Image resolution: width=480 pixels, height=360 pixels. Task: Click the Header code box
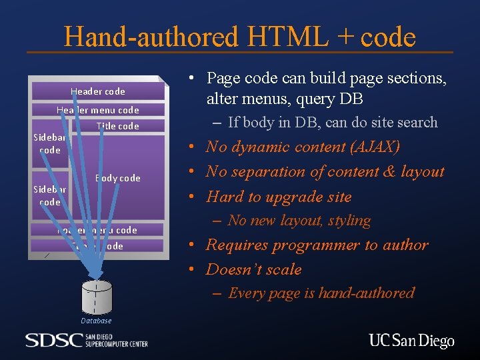pyautogui.click(x=98, y=91)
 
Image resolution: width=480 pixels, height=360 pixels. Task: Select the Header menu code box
pyautogui.click(x=97, y=110)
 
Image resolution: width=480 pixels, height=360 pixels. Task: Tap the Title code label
pyautogui.click(x=117, y=126)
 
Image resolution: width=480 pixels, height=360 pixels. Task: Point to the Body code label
pyautogui.click(x=118, y=178)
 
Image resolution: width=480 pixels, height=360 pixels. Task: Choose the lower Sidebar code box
pyautogui.click(x=50, y=195)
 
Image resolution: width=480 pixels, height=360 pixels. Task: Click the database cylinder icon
pyautogui.click(x=97, y=297)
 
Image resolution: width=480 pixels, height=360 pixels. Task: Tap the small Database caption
pyautogui.click(x=97, y=321)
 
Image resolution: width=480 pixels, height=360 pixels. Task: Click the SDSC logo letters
pyautogui.click(x=54, y=341)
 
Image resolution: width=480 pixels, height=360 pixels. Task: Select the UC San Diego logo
pyautogui.click(x=411, y=341)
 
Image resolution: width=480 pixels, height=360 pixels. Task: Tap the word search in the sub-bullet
pyautogui.click(x=415, y=122)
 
